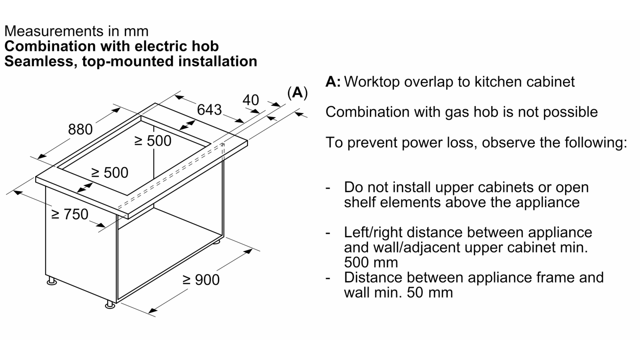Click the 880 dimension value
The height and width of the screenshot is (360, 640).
pos(80,130)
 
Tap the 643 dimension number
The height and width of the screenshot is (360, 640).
pos(210,110)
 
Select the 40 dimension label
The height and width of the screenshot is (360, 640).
pos(250,100)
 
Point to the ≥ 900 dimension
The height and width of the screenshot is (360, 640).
pos(201,280)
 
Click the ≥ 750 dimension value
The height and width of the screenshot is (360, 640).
pos(70,214)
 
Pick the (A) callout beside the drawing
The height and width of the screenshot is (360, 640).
pos(298,93)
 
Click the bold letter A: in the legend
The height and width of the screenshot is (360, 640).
pos(333,82)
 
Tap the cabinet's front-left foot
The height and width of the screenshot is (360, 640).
pos(52,280)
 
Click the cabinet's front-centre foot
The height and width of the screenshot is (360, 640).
pos(110,304)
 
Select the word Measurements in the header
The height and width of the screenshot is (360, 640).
pos(54,31)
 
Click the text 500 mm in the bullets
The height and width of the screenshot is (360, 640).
pos(371,262)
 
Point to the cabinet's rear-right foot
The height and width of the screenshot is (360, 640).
pos(216,242)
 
